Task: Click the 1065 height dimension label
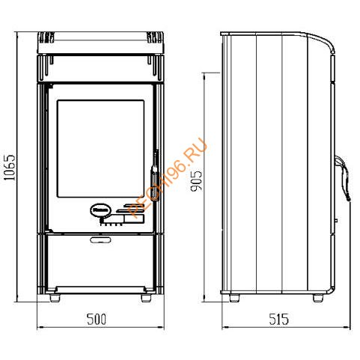(x=10, y=168)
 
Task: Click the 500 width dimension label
(x=97, y=319)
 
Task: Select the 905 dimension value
(x=196, y=181)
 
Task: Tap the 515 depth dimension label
(x=279, y=319)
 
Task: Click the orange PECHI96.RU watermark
(x=167, y=178)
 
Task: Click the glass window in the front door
(x=100, y=149)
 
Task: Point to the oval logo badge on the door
(x=100, y=210)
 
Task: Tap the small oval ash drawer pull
(x=100, y=240)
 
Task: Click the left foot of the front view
(x=55, y=298)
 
